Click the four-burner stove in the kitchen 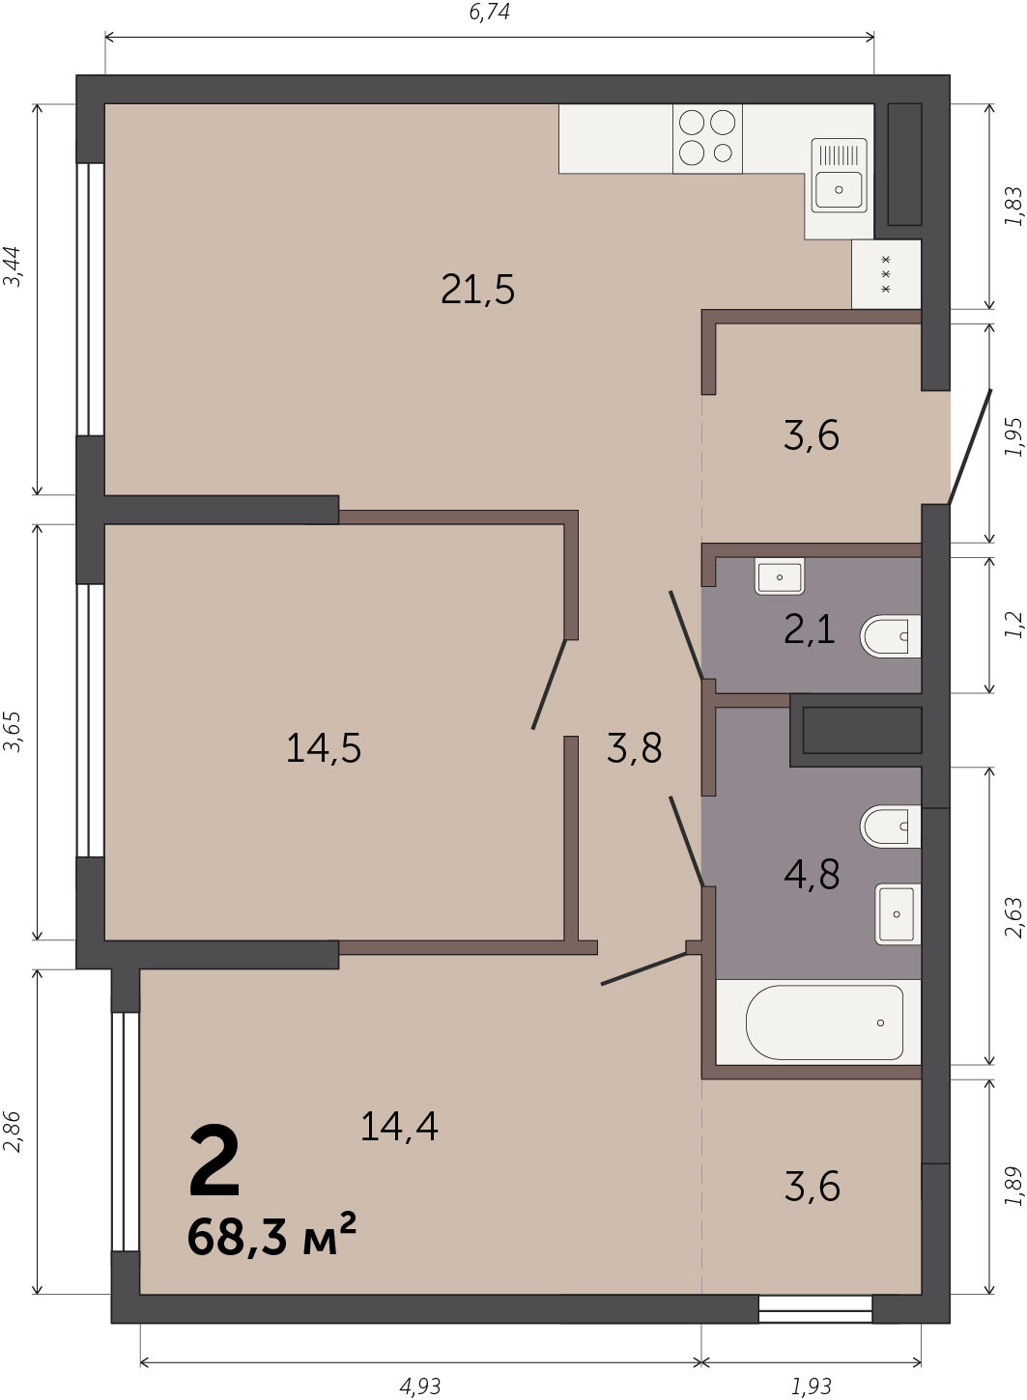pyautogui.click(x=707, y=138)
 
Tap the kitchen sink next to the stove pyautogui.click(x=840, y=175)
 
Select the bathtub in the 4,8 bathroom pyautogui.click(x=824, y=1022)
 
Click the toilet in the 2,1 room pyautogui.click(x=890, y=636)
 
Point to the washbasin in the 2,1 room pyautogui.click(x=780, y=576)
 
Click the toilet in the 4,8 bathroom pyautogui.click(x=890, y=826)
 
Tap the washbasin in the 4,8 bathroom pyautogui.click(x=898, y=913)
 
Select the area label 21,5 pyautogui.click(x=478, y=290)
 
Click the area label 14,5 pyautogui.click(x=324, y=747)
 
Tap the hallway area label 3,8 pyautogui.click(x=634, y=747)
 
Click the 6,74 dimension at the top pyautogui.click(x=489, y=12)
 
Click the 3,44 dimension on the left pyautogui.click(x=12, y=266)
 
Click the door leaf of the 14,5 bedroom pyautogui.click(x=549, y=684)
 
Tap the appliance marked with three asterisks pyautogui.click(x=886, y=274)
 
